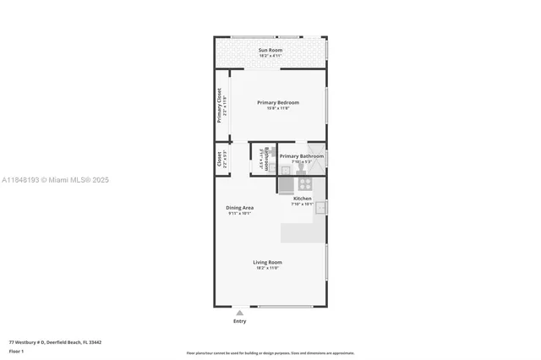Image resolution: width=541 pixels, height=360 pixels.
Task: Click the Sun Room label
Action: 270,50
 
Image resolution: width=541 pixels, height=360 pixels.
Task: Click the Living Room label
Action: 267,262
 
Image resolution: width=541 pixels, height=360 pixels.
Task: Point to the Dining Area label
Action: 239,207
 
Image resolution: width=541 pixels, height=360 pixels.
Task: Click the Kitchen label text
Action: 302,198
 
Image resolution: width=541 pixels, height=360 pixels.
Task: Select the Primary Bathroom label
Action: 302,155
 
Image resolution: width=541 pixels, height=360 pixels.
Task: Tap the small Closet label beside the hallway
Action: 219,159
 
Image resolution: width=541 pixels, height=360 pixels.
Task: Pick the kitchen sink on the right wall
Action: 321,205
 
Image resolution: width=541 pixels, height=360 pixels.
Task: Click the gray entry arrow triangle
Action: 239,313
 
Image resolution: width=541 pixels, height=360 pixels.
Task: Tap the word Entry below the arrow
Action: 239,321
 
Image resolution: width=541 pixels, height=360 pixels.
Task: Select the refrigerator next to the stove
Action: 287,183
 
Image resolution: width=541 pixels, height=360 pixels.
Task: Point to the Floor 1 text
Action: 17,351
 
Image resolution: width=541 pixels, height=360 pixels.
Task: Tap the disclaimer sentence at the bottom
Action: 270,353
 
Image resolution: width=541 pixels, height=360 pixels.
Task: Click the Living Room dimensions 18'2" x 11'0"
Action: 267,268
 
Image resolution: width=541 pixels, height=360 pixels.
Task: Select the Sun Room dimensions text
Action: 270,56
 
